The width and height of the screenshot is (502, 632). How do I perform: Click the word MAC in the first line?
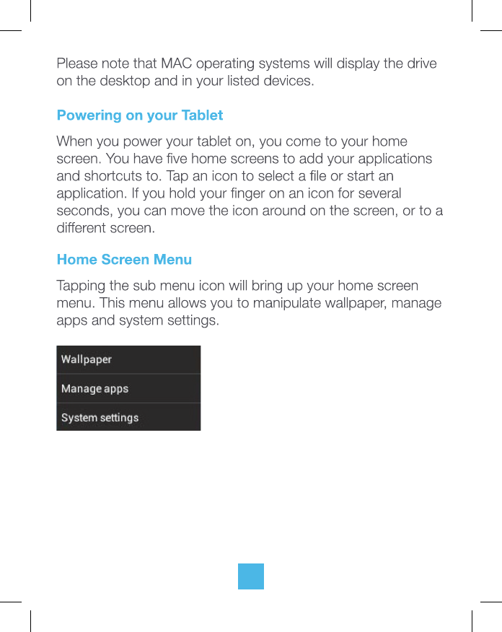[x=177, y=63]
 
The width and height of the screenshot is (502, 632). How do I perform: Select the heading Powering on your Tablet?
[x=140, y=115]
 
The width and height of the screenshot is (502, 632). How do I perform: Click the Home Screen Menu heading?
[x=124, y=259]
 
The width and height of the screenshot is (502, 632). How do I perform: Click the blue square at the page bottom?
[x=251, y=576]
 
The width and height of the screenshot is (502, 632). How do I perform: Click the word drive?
[x=421, y=63]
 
